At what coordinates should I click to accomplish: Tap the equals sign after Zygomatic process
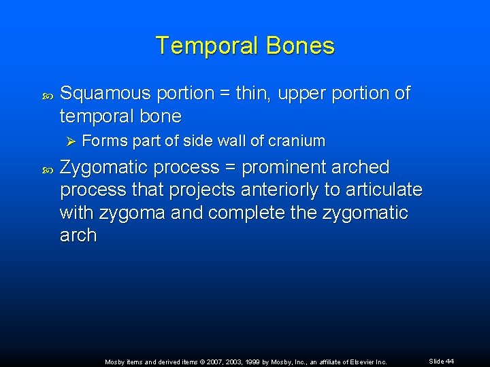pos(231,168)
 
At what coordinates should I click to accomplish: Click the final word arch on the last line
pos(78,236)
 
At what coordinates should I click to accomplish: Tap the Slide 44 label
pos(441,362)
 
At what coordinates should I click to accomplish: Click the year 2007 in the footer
pos(203,362)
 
